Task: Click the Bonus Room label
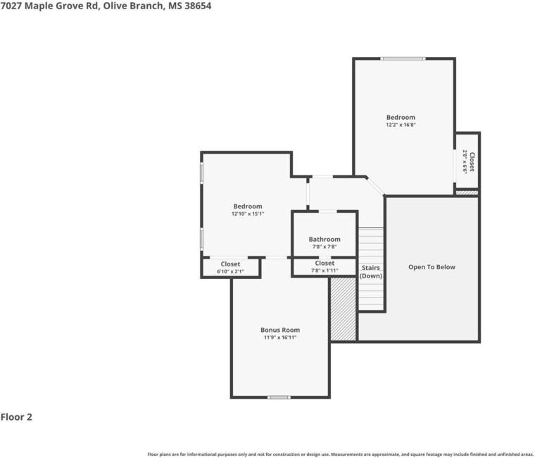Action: [x=280, y=330]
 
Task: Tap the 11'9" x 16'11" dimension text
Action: [x=280, y=338]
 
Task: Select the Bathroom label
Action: [x=325, y=239]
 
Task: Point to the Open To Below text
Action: [x=432, y=267]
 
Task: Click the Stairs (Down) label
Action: [x=371, y=272]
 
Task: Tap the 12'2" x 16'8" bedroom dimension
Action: [x=401, y=125]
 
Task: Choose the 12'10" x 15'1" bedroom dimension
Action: [x=248, y=213]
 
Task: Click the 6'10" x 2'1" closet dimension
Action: [x=230, y=271]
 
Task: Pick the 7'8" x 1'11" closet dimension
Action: [x=325, y=271]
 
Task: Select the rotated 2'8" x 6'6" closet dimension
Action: [x=465, y=161]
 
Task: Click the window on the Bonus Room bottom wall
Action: [x=279, y=397]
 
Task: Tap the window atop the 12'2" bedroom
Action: [x=403, y=58]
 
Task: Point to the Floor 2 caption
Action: [x=16, y=417]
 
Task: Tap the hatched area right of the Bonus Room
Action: [x=344, y=309]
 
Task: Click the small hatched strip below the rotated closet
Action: [x=467, y=192]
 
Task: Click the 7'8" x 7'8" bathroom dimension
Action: [x=325, y=247]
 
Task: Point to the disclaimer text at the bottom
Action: [x=340, y=454]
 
